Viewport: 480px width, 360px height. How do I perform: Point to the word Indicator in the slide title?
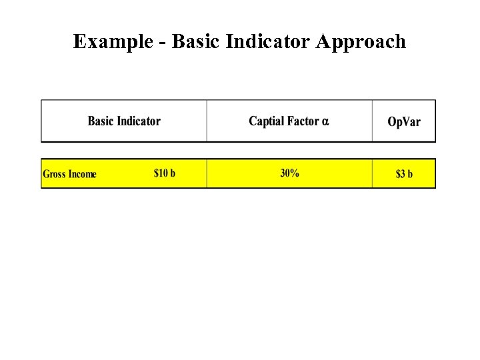click(x=269, y=42)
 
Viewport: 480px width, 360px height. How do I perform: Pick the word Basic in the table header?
click(x=101, y=121)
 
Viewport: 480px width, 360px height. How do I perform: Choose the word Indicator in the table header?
click(x=139, y=121)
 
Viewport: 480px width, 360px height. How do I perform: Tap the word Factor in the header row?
click(x=303, y=121)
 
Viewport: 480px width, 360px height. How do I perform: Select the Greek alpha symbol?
click(x=325, y=122)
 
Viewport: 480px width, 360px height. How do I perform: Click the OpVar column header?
click(x=404, y=122)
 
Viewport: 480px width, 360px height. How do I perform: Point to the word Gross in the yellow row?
click(x=54, y=174)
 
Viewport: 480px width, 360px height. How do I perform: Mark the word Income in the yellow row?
click(x=82, y=174)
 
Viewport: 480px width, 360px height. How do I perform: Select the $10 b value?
click(x=165, y=173)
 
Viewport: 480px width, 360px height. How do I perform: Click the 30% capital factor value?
click(x=289, y=173)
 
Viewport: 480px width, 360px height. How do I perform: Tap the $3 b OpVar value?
click(x=404, y=174)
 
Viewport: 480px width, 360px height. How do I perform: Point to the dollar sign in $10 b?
click(x=157, y=173)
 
